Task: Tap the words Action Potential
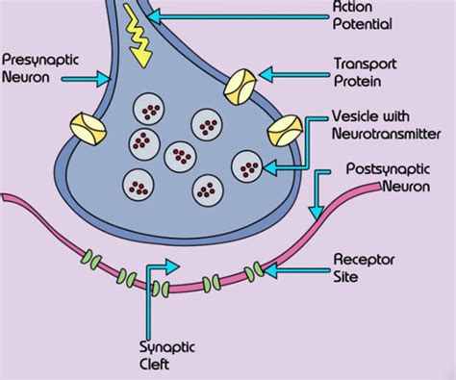[359, 17]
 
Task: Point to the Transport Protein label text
[365, 71]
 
